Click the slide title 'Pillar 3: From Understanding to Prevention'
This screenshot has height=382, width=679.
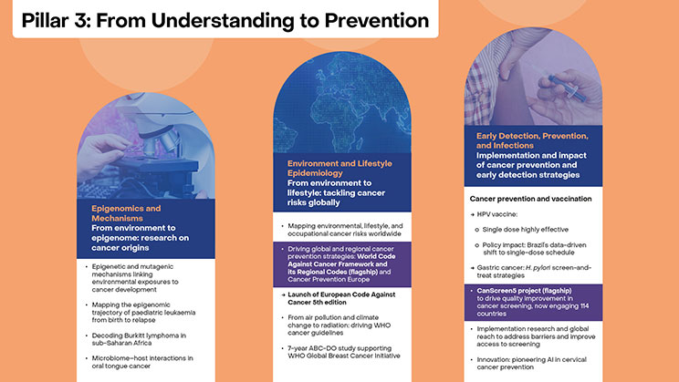[x=224, y=19]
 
